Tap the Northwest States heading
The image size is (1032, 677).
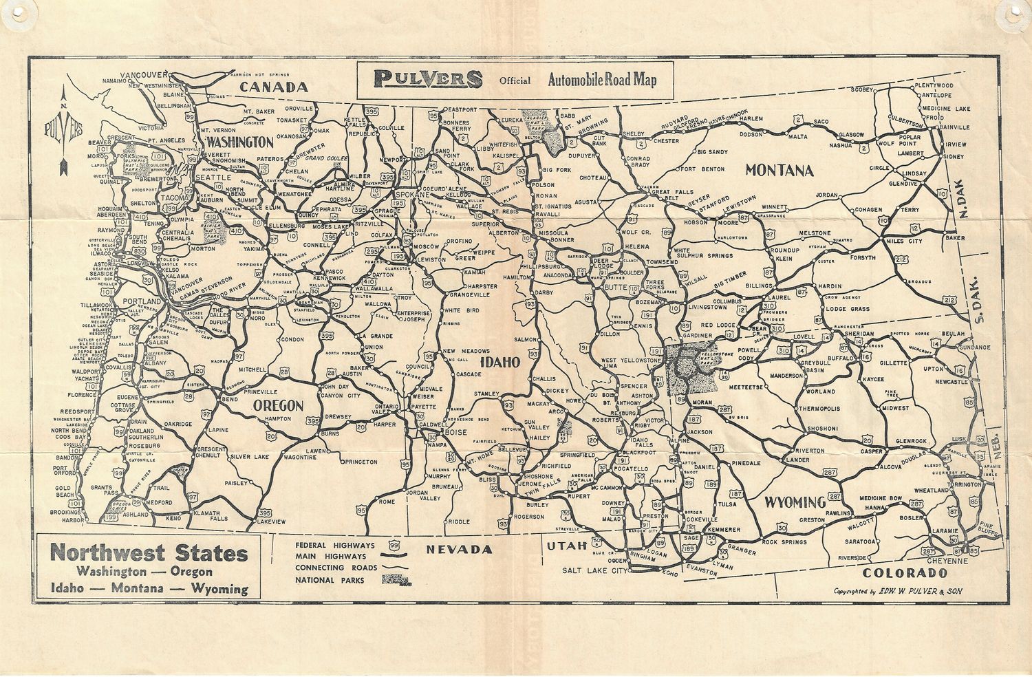(149, 552)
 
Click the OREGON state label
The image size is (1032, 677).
(278, 405)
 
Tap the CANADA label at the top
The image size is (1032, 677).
(274, 87)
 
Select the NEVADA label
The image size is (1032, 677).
(460, 549)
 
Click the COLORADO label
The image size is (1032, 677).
(904, 572)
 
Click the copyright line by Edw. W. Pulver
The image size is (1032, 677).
(896, 591)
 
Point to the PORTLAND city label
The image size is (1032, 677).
(141, 301)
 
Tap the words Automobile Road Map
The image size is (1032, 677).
(602, 80)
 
